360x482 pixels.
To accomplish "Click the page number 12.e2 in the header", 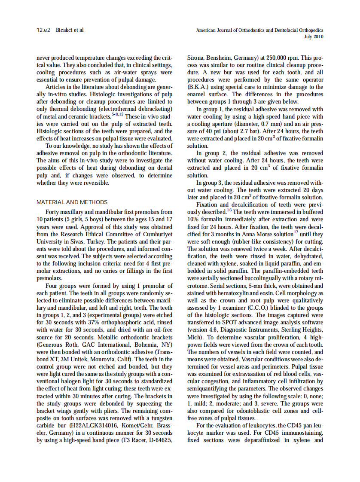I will tap(43, 30).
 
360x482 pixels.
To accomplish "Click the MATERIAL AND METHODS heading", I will tap(72, 202).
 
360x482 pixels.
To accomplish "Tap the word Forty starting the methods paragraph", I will tap(53, 212).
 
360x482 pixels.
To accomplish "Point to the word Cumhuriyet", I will tap(157, 234).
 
